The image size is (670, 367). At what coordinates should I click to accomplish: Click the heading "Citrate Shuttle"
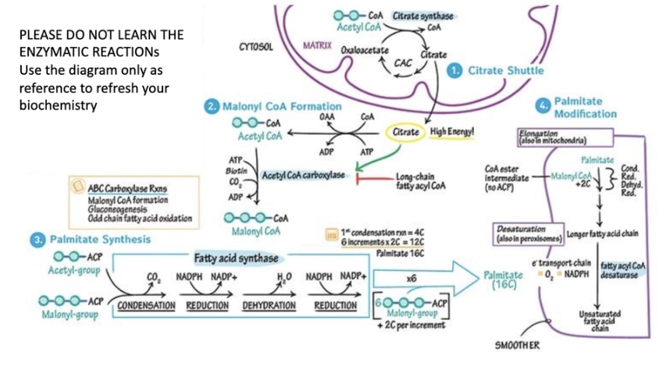(x=506, y=71)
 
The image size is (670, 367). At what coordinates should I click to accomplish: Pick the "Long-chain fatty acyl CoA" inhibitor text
(x=422, y=181)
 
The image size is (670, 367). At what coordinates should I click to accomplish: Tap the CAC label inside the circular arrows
(x=404, y=62)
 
